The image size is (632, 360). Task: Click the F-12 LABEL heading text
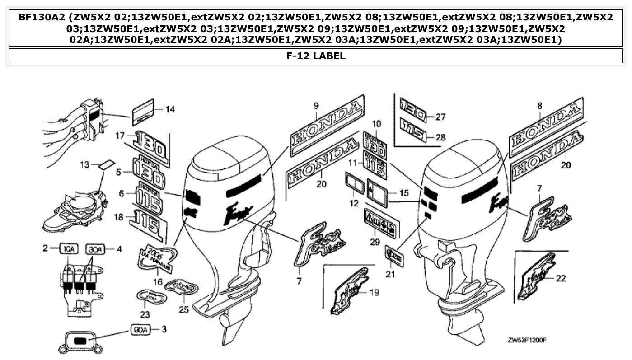point(316,56)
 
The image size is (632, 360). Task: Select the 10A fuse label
point(69,248)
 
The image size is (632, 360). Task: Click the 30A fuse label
point(95,248)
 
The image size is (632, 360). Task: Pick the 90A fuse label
point(140,330)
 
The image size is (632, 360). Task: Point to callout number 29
point(375,242)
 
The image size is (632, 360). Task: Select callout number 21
point(390,273)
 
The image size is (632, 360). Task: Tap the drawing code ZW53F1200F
point(527,339)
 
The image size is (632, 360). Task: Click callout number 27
point(440,117)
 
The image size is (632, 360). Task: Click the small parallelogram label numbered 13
point(106,164)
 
